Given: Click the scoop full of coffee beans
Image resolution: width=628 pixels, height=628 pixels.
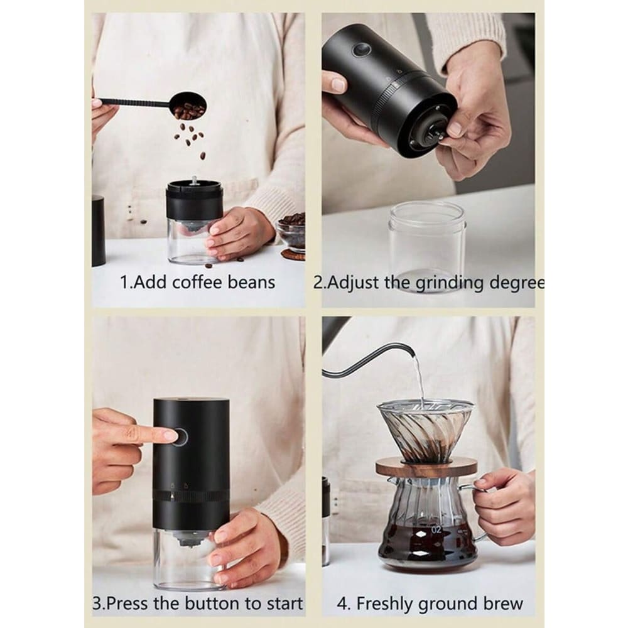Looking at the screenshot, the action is coord(188,106).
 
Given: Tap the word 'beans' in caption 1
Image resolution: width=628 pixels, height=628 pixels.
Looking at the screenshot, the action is coord(251,283).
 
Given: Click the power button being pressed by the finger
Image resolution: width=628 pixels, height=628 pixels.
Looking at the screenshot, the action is coord(180,436).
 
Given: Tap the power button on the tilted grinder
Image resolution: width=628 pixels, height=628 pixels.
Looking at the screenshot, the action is coord(361,50).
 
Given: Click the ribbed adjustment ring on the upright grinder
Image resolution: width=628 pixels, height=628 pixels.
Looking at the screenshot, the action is coord(191,497).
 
